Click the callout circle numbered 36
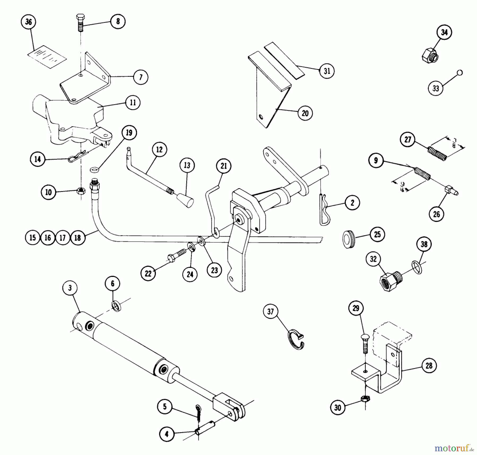[x=28, y=22]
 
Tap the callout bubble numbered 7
[x=141, y=77]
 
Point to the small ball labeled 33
[x=460, y=72]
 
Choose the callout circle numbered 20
[x=305, y=113]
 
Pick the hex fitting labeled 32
[x=390, y=281]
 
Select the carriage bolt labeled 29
[x=365, y=343]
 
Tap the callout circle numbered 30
[x=338, y=407]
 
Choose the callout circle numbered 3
[x=70, y=288]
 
